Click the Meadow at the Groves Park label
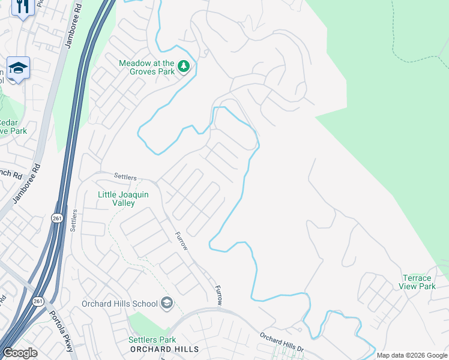tap(146, 67)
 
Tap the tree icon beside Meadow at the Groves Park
tap(184, 66)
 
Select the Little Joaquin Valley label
tap(124, 199)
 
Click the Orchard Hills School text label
tap(119, 304)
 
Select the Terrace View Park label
tap(417, 282)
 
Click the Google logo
tap(20, 353)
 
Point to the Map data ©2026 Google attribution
tap(412, 355)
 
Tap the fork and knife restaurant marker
tap(22, 7)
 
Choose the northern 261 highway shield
tap(56, 217)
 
